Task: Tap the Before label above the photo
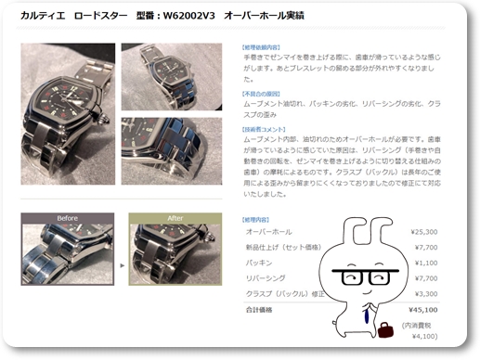pos(67,219)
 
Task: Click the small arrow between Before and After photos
pos(122,264)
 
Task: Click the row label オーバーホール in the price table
pos(268,231)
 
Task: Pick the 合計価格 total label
pos(260,311)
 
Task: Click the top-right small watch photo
pos(171,76)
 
